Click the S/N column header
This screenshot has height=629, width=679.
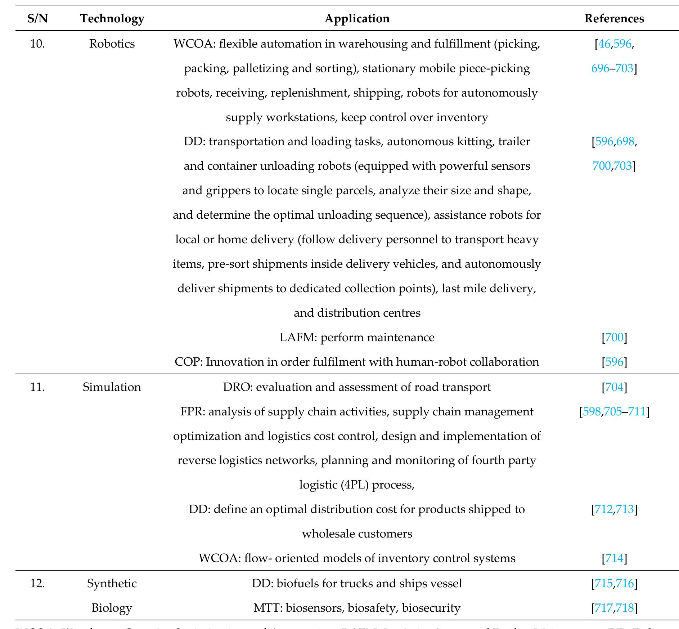pos(37,18)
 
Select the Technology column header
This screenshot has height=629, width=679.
pos(112,18)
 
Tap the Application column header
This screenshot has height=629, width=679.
pos(357,18)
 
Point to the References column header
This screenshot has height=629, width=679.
pos(614,18)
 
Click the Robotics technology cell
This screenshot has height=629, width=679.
pos(112,44)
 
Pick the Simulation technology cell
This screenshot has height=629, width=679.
pos(112,387)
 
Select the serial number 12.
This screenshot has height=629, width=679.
pos(37,583)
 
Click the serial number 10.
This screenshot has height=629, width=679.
pos(37,44)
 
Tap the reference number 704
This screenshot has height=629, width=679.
pos(614,387)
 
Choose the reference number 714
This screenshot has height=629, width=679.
pos(614,558)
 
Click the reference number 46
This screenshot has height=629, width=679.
pos(604,44)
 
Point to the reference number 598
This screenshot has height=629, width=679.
pos(592,411)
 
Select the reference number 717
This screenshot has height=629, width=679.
pos(603,608)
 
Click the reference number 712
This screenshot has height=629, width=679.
pos(603,509)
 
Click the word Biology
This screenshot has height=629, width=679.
pos(112,608)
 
